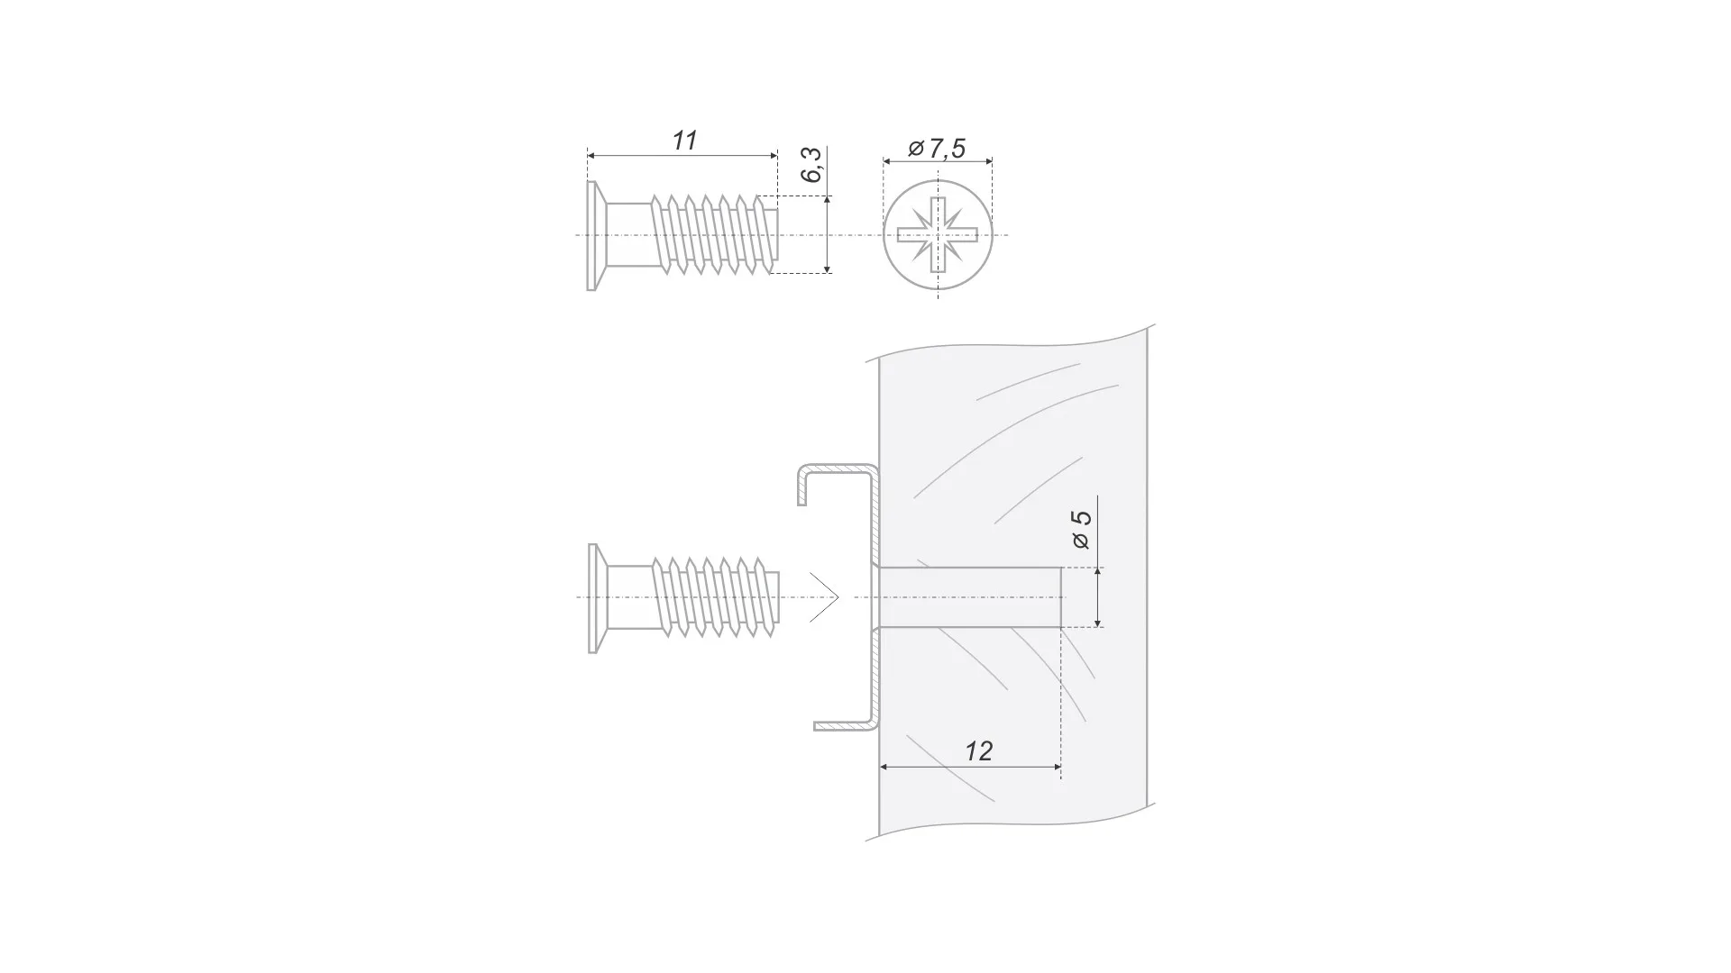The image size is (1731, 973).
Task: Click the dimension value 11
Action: tap(685, 141)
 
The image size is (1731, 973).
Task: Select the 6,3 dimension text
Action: tap(812, 165)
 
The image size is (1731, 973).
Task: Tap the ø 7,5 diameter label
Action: tap(937, 148)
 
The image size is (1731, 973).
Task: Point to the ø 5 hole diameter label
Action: tap(1081, 530)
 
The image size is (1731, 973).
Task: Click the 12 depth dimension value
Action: tap(978, 751)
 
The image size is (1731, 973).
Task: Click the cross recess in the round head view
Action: tap(938, 235)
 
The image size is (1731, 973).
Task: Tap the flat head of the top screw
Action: tap(591, 236)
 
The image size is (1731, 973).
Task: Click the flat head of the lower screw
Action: tap(593, 598)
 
